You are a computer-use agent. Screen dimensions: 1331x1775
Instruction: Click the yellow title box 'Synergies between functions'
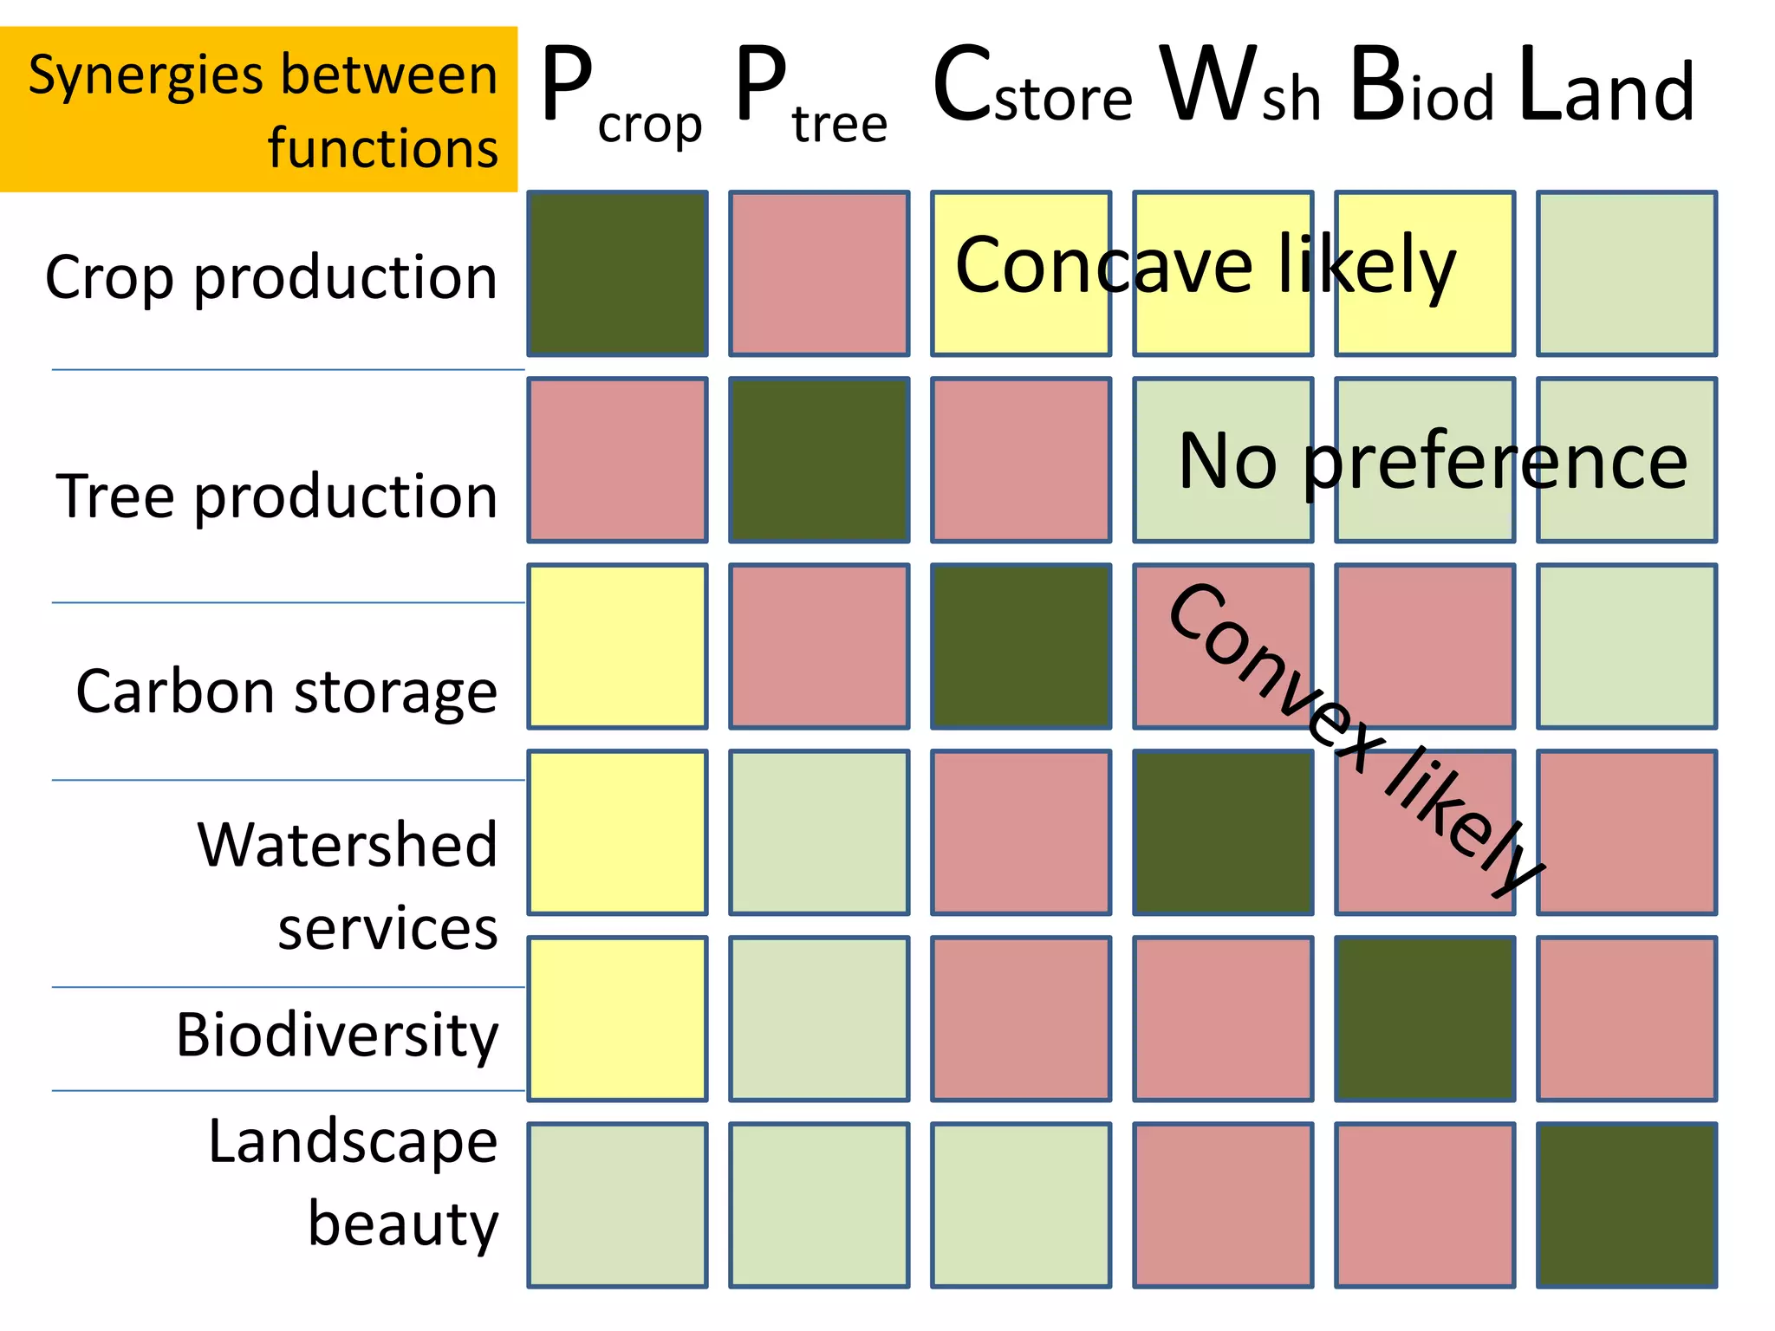click(258, 109)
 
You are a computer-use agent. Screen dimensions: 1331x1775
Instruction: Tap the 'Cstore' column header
click(1031, 87)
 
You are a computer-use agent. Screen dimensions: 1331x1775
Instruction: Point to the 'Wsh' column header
click(1239, 87)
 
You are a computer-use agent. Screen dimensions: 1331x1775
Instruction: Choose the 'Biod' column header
click(1421, 87)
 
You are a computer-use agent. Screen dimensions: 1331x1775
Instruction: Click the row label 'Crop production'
click(271, 277)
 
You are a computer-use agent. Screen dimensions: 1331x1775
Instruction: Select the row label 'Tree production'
click(276, 496)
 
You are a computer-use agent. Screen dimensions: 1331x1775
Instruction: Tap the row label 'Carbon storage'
click(286, 691)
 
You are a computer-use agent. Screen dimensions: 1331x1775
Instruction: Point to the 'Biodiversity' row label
click(337, 1035)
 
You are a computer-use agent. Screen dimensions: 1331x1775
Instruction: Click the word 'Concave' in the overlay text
click(1103, 265)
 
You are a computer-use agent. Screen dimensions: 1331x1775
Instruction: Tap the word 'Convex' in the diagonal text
click(1274, 676)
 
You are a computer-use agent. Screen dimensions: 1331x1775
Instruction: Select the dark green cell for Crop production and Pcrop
click(617, 274)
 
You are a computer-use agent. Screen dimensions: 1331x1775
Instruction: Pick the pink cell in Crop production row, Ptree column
click(819, 274)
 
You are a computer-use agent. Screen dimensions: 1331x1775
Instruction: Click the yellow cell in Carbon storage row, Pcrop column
click(617, 646)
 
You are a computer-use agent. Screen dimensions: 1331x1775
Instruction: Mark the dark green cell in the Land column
click(1627, 1205)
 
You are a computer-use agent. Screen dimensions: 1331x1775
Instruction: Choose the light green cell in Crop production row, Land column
click(1627, 274)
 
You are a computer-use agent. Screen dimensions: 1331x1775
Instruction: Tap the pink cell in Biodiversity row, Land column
click(1627, 1019)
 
